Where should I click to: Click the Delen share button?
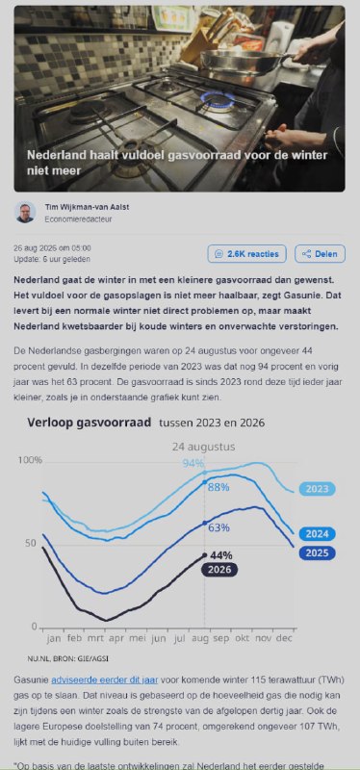click(x=320, y=254)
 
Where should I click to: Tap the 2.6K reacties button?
click(x=247, y=254)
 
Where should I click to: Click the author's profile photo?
click(x=25, y=212)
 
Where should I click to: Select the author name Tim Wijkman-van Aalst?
click(x=87, y=207)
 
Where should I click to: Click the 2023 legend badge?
click(x=318, y=489)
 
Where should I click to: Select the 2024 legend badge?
click(x=318, y=534)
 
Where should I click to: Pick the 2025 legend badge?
click(x=318, y=553)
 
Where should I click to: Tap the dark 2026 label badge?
click(x=219, y=570)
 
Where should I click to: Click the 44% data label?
click(x=221, y=555)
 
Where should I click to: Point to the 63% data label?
click(x=219, y=527)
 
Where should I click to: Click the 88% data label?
click(x=219, y=487)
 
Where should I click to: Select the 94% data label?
click(x=193, y=463)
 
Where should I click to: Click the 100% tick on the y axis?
click(x=30, y=461)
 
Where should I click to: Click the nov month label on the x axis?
click(x=264, y=639)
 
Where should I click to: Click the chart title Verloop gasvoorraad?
click(x=89, y=423)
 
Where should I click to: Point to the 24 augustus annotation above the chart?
click(x=203, y=447)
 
